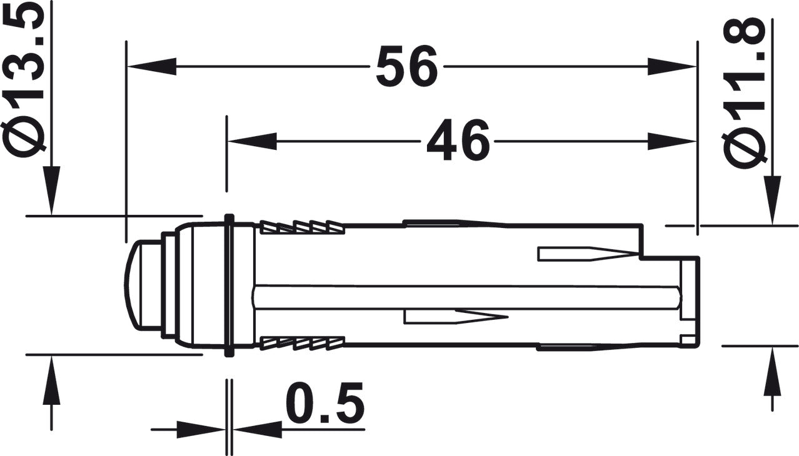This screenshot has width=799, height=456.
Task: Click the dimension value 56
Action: click(x=406, y=66)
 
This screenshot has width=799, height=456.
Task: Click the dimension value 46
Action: click(x=457, y=141)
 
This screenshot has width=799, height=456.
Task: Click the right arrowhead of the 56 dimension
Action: click(x=672, y=66)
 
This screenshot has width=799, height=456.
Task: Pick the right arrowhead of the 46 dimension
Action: click(x=672, y=141)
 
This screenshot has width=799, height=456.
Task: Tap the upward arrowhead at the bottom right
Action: click(x=773, y=371)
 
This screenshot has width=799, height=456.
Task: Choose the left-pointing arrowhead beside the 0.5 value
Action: click(x=256, y=429)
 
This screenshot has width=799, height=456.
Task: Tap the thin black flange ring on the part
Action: click(x=229, y=285)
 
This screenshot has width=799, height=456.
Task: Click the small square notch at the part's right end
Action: click(x=688, y=340)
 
